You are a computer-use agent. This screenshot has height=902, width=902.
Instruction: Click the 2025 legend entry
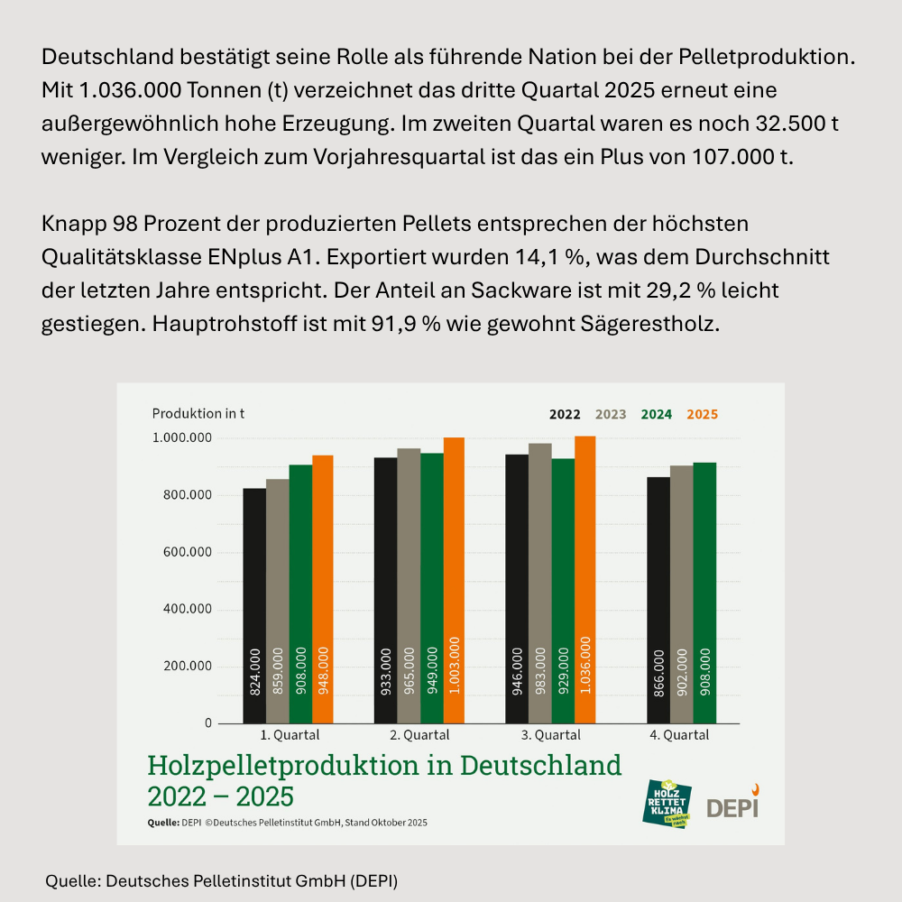(x=702, y=415)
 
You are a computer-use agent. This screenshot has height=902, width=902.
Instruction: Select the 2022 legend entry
(x=565, y=415)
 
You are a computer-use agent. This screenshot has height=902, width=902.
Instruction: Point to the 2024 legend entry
(x=656, y=415)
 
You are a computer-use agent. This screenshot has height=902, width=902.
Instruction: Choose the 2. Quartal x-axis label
(x=419, y=735)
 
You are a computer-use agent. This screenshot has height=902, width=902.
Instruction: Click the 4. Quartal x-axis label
(x=680, y=735)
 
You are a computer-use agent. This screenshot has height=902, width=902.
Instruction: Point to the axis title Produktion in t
(x=198, y=413)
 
